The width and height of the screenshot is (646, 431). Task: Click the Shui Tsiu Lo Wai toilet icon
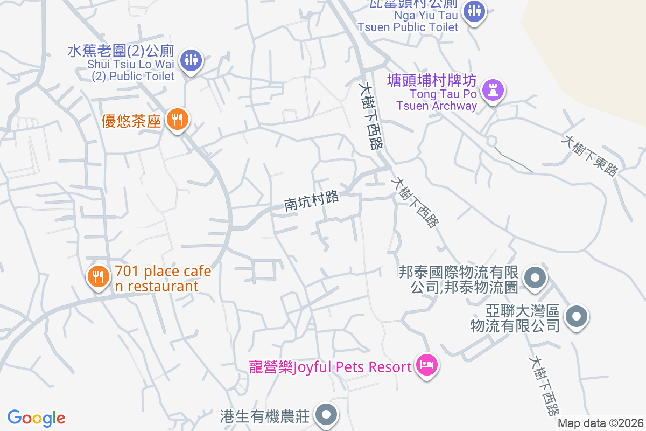[191, 60]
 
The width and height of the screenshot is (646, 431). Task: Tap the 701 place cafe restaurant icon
[98, 277]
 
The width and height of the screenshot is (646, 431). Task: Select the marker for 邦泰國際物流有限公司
[535, 279]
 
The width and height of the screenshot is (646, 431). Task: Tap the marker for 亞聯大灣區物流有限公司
[577, 316]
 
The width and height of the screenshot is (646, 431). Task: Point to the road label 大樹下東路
[589, 155]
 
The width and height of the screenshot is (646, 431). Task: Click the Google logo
[37, 418]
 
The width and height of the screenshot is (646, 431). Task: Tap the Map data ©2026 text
[600, 423]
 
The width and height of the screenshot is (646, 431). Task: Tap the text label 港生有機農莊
[265, 416]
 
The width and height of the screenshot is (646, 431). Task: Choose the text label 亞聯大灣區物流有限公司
[516, 318]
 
